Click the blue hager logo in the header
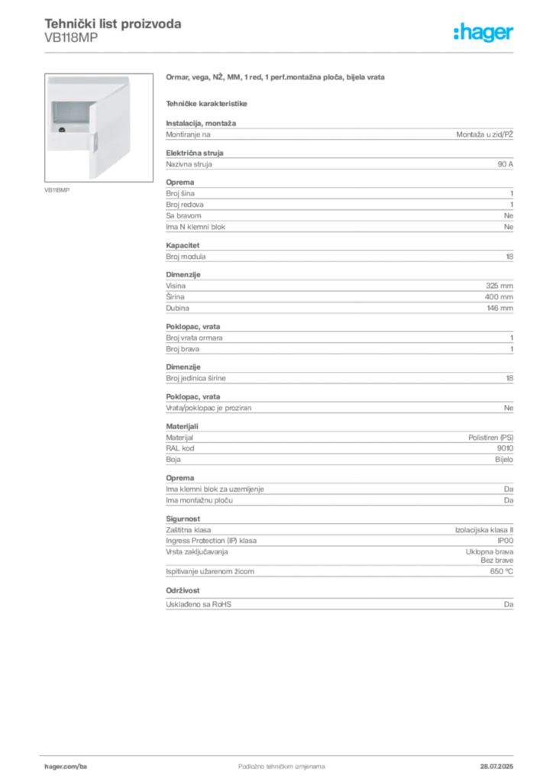point(485,33)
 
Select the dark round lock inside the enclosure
point(61,131)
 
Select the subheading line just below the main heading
point(208,102)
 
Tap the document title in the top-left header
point(115,25)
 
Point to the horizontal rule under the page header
point(281,52)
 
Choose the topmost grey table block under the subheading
point(338,134)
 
